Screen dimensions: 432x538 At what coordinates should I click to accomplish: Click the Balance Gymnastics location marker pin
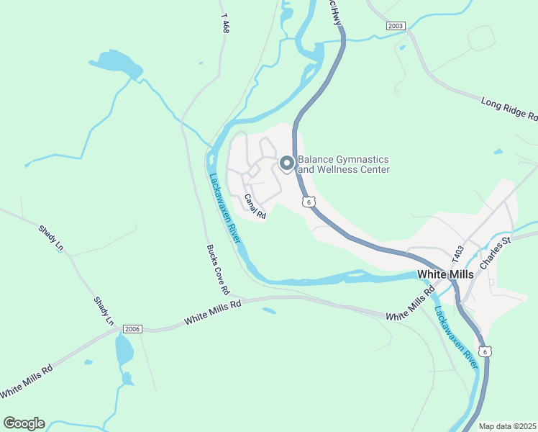tap(286, 164)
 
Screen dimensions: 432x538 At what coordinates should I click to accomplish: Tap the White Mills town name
tap(446, 274)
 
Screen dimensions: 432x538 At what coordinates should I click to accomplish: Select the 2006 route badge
tap(132, 329)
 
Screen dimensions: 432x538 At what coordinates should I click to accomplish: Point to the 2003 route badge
tap(396, 25)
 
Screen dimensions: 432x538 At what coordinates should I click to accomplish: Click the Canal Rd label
tap(255, 207)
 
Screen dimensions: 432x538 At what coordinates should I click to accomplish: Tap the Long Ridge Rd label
tap(509, 109)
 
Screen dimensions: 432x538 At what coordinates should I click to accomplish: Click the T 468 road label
tap(226, 27)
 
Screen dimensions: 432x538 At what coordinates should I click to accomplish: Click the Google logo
tap(24, 423)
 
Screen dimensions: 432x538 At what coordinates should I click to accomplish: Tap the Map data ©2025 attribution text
tap(508, 426)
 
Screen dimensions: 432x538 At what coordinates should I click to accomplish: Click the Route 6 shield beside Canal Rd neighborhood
tap(308, 202)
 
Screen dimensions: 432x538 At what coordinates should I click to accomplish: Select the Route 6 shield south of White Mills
tap(486, 351)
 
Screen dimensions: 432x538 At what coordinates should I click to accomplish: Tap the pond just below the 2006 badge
tap(124, 351)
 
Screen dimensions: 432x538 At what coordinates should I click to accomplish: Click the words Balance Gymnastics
tap(343, 159)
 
